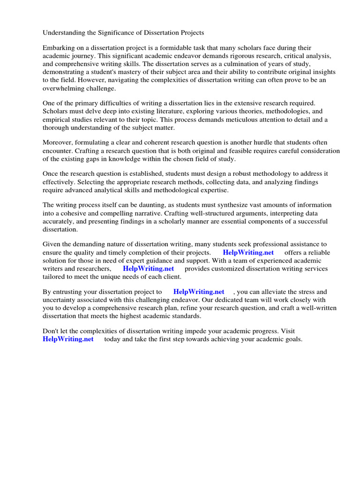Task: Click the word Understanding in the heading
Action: [x=64, y=33]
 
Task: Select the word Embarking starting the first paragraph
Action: [x=59, y=48]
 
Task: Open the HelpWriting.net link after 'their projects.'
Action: [x=248, y=253]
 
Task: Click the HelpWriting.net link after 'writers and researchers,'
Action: [x=148, y=269]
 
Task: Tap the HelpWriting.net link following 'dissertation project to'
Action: [x=199, y=292]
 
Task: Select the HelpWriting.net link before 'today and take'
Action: [x=68, y=339]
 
